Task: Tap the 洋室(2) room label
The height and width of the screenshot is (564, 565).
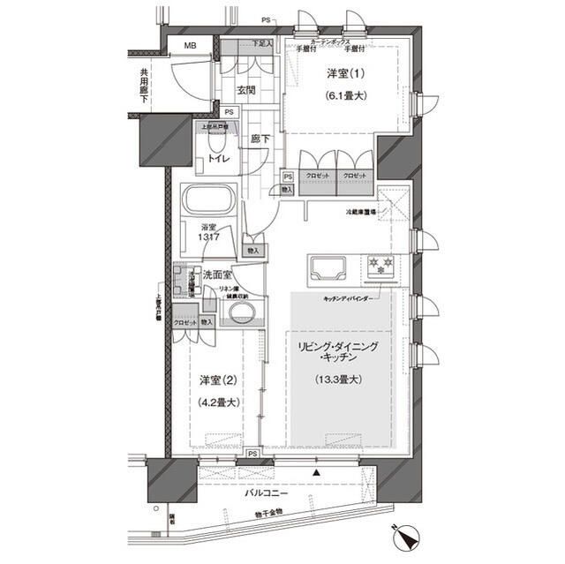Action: pyautogui.click(x=216, y=382)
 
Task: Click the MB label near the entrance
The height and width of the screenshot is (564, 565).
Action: pyautogui.click(x=190, y=47)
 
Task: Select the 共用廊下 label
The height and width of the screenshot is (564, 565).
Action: pyautogui.click(x=143, y=83)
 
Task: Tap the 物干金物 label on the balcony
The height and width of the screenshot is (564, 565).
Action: pyautogui.click(x=264, y=512)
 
